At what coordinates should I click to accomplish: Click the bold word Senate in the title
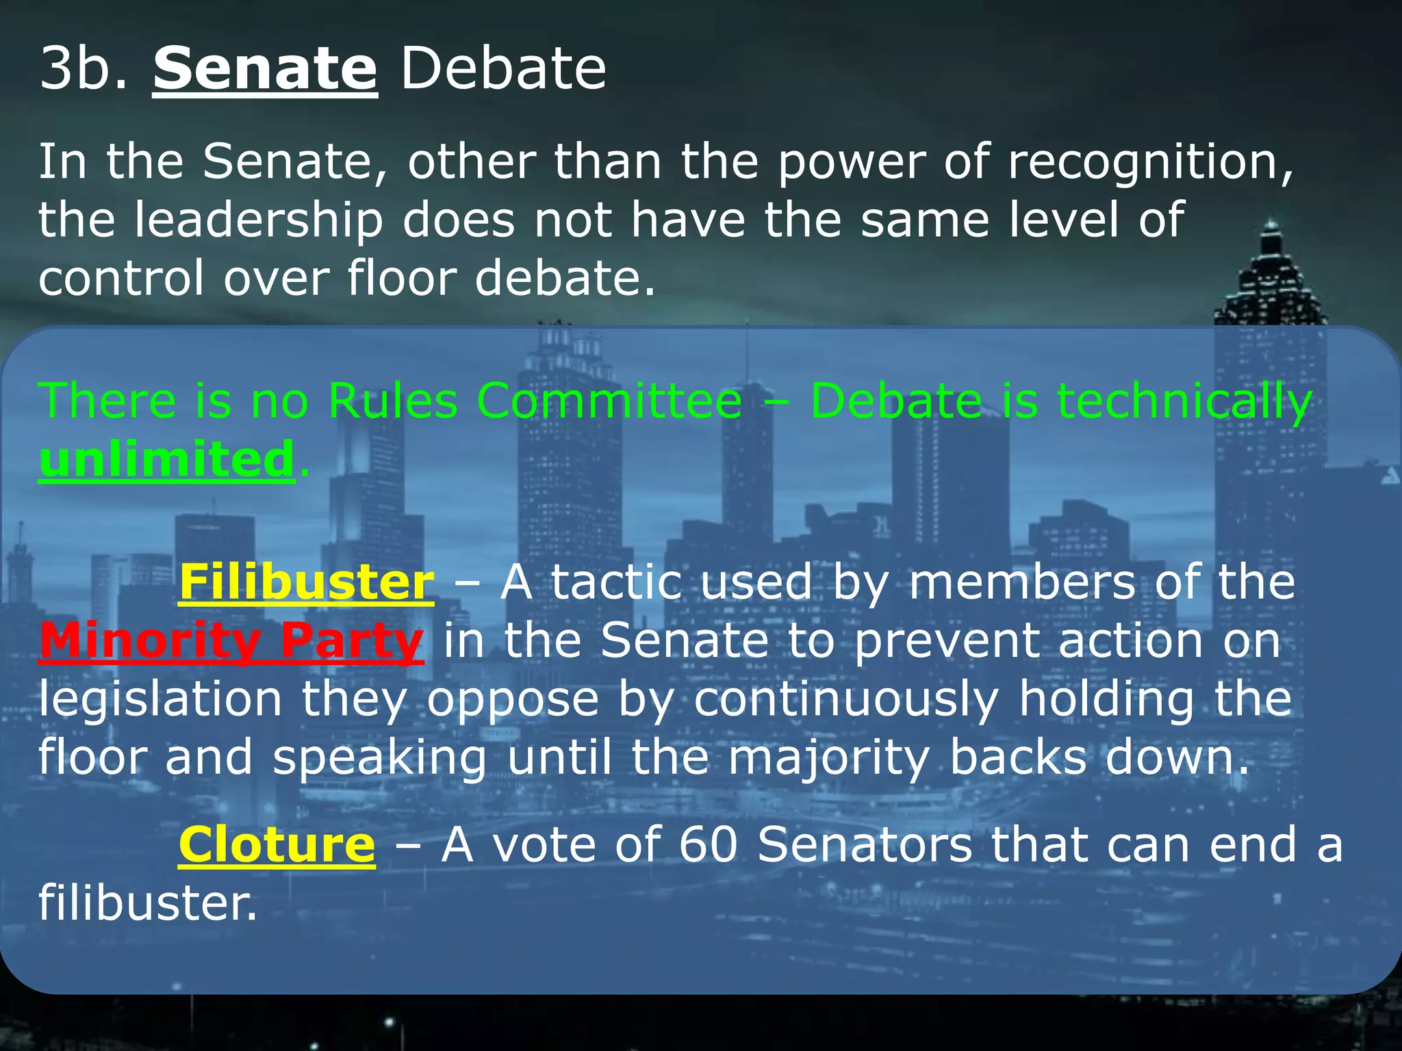[265, 68]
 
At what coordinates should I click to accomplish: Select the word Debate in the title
[503, 68]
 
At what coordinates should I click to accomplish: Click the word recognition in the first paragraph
[1150, 163]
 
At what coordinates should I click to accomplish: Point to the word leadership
[258, 222]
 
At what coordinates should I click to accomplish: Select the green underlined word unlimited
[166, 459]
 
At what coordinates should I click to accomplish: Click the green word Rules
[393, 400]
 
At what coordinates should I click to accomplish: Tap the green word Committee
[609, 400]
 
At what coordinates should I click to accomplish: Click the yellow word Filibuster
[306, 582]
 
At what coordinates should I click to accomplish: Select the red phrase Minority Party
[231, 641]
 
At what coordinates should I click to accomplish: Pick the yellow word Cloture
[277, 844]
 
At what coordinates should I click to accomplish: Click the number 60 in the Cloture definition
[708, 844]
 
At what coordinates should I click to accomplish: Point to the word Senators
[865, 844]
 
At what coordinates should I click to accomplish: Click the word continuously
[846, 701]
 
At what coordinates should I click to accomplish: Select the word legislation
[160, 701]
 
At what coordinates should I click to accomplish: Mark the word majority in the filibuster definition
[828, 760]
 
